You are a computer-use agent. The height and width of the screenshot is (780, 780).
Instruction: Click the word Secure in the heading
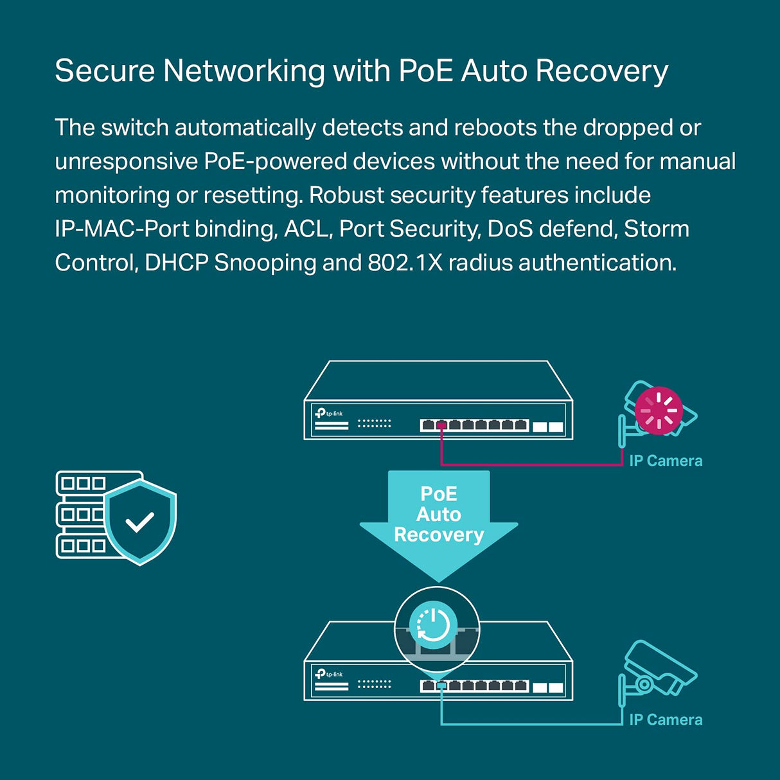(x=104, y=71)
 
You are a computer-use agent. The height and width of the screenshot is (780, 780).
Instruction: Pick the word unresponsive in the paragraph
(x=125, y=161)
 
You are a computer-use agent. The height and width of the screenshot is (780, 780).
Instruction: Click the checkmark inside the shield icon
(x=139, y=522)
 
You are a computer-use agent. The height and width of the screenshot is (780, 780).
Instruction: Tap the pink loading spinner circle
(x=659, y=411)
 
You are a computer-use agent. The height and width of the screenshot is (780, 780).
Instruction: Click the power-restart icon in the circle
(x=434, y=625)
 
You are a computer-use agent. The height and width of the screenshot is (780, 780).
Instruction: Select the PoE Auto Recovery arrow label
(x=439, y=514)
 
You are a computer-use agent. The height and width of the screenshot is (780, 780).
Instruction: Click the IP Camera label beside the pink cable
(x=666, y=461)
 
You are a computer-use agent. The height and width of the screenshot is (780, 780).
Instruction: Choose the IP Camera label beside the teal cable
(x=666, y=720)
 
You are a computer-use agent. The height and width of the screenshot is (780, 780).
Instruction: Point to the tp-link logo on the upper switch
(x=329, y=413)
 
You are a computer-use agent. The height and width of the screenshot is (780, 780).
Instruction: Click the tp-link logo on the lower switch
(x=329, y=674)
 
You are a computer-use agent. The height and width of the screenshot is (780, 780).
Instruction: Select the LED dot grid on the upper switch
(x=374, y=423)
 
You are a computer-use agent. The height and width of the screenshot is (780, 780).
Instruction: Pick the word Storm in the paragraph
(x=657, y=229)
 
